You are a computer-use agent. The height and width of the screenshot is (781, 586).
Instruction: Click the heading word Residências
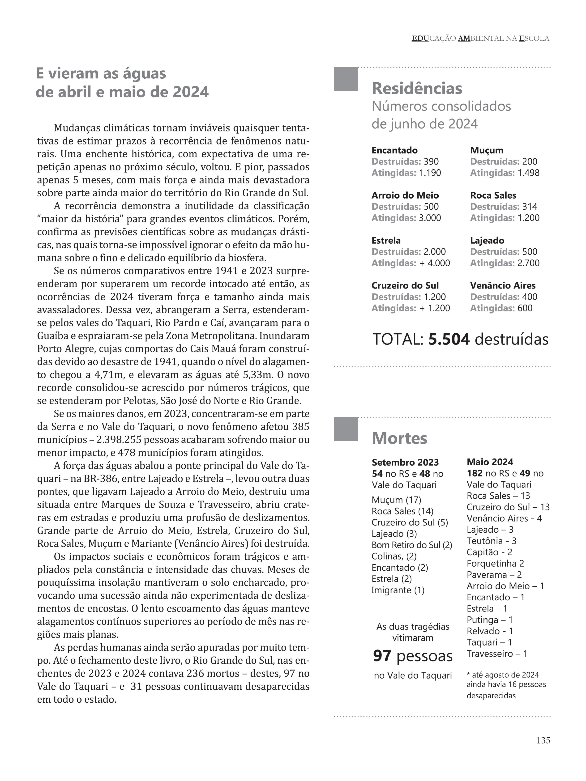pyautogui.click(x=417, y=88)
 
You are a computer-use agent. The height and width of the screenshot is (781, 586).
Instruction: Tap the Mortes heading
pyautogui.click(x=399, y=438)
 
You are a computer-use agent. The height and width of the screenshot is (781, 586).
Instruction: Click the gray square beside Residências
pyautogui.click(x=346, y=79)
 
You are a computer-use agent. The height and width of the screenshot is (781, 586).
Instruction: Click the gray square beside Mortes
pyautogui.click(x=346, y=429)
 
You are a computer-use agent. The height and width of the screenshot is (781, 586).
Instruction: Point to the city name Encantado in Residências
pyautogui.click(x=394, y=150)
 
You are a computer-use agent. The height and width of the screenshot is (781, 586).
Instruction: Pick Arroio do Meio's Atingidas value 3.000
pyautogui.click(x=430, y=218)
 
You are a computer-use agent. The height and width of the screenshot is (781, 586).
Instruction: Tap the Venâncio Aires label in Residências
pyautogui.click(x=503, y=286)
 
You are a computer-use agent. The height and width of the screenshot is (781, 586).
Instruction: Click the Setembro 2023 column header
pyautogui.click(x=405, y=463)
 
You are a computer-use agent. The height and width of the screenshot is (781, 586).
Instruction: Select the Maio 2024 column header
pyautogui.click(x=490, y=462)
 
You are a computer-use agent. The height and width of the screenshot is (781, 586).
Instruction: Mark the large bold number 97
pyautogui.click(x=382, y=656)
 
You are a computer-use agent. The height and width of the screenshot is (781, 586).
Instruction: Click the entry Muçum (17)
pyautogui.click(x=396, y=500)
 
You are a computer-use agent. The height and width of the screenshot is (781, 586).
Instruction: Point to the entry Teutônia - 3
pyautogui.click(x=491, y=541)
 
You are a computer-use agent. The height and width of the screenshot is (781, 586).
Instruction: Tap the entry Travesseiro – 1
pyautogui.click(x=497, y=654)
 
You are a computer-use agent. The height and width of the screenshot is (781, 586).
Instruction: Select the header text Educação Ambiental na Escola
pyautogui.click(x=480, y=38)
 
